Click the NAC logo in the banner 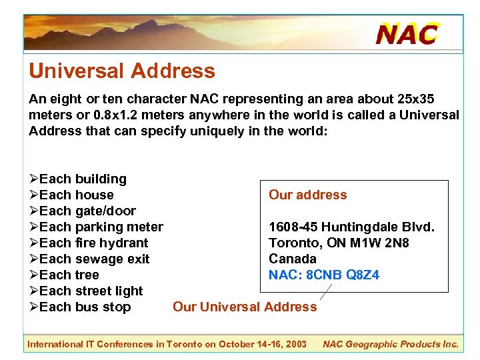coord(407,33)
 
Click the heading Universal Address coord(121,71)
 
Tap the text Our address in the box coord(307,195)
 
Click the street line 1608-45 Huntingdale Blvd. coord(351,227)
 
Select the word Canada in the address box coord(292,259)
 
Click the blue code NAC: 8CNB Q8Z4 coord(324,275)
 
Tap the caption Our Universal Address coord(245,307)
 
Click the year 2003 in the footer coord(295,344)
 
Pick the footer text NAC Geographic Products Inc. coord(391,344)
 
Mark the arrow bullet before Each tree coord(33,275)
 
